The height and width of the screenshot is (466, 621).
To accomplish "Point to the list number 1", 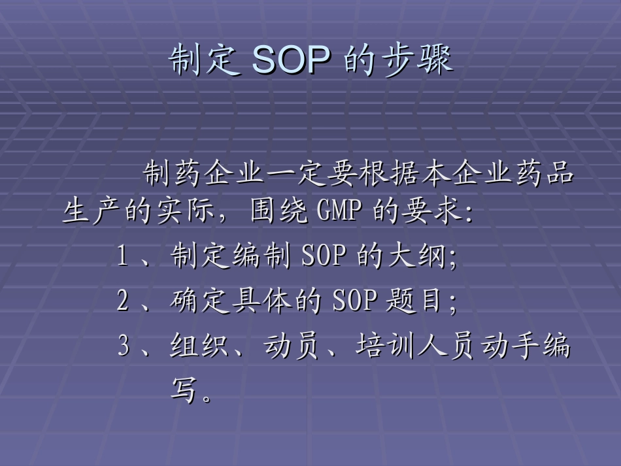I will click(122, 256).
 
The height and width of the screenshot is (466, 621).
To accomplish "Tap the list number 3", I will click(124, 346).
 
